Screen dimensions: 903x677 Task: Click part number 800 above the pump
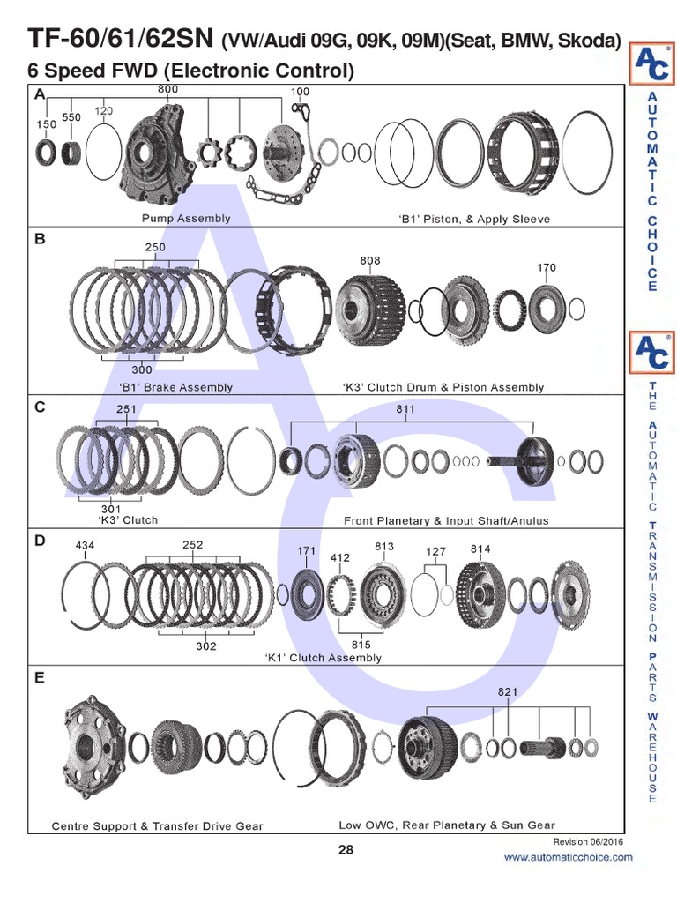167,89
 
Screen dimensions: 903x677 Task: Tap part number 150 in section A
46,124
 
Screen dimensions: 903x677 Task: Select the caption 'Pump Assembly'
186,218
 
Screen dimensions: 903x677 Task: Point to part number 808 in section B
370,260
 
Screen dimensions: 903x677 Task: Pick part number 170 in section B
546,267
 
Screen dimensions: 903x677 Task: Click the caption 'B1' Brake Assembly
175,387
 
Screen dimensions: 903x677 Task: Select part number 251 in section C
126,409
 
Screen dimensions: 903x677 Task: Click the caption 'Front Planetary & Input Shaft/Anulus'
445,520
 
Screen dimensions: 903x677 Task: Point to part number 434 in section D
85,546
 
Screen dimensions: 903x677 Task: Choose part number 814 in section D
480,549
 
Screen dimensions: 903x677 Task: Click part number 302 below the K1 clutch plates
205,646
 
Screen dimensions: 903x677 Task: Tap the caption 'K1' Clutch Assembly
323,658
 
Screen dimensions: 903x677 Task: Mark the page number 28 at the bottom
346,850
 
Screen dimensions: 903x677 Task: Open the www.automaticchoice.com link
568,857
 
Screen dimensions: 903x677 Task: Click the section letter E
40,678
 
